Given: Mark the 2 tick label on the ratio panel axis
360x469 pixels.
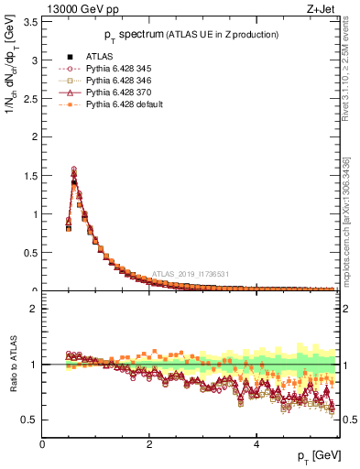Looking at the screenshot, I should [33, 309].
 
